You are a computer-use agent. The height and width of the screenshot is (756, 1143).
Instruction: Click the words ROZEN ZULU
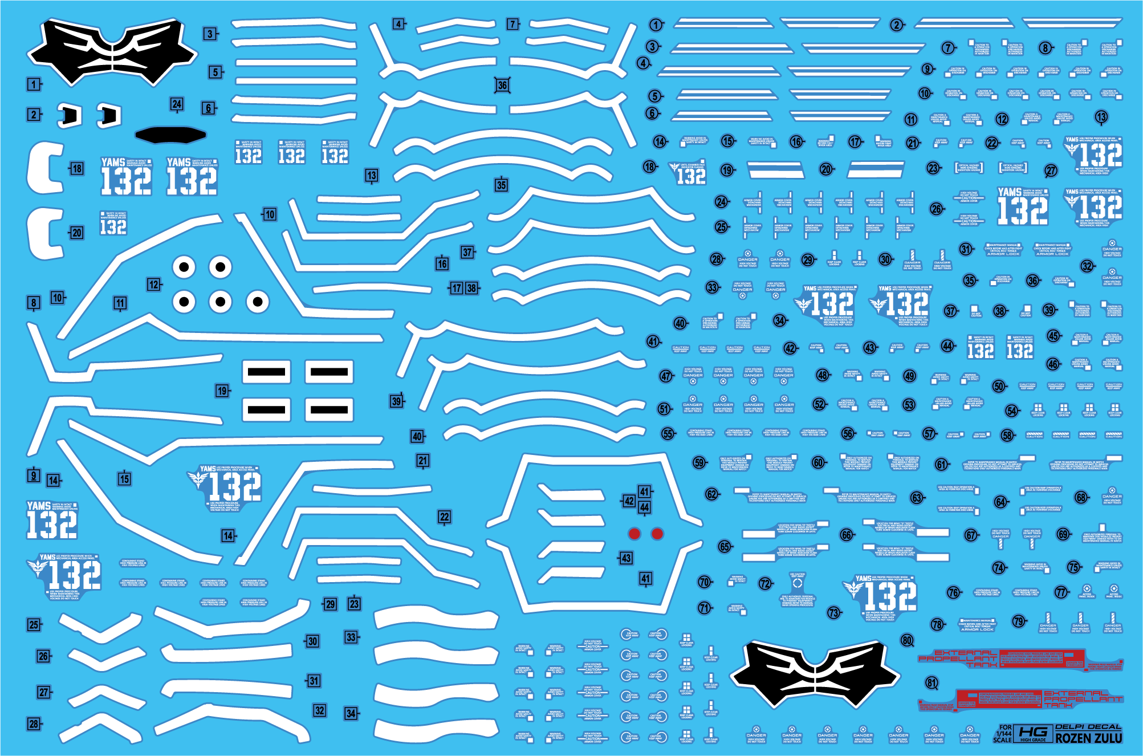[1088, 738]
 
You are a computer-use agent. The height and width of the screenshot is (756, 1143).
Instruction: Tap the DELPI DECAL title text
[1088, 727]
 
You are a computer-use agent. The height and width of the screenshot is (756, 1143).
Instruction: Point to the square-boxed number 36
[502, 86]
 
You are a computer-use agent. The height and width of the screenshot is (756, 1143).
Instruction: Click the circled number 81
[932, 683]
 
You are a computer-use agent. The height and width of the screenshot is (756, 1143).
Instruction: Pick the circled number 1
[656, 25]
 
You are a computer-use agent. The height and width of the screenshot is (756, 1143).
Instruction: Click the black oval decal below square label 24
[170, 135]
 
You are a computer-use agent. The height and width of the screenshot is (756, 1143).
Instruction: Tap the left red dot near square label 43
[634, 534]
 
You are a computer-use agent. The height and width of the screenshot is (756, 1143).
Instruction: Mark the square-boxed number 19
[222, 391]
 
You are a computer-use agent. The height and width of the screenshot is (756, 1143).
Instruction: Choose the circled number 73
[834, 612]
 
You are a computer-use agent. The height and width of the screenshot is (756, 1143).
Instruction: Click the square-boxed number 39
[396, 401]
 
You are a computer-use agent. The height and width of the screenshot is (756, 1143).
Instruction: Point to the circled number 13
[1101, 117]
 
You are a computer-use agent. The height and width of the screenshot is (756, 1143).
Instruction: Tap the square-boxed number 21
[422, 461]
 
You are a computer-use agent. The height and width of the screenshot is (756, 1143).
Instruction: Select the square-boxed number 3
[210, 34]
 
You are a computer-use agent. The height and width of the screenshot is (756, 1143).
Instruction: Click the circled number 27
[1051, 170]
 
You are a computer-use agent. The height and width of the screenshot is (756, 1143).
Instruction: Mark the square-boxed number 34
[351, 713]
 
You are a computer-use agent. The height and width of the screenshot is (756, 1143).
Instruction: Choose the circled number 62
[711, 494]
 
